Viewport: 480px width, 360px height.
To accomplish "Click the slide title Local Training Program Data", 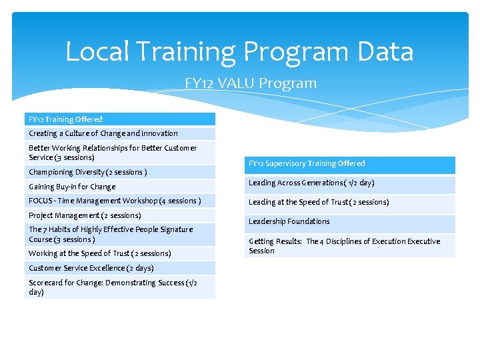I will pyautogui.click(x=239, y=52).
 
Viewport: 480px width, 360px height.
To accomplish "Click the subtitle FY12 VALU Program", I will pyautogui.click(x=251, y=83).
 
